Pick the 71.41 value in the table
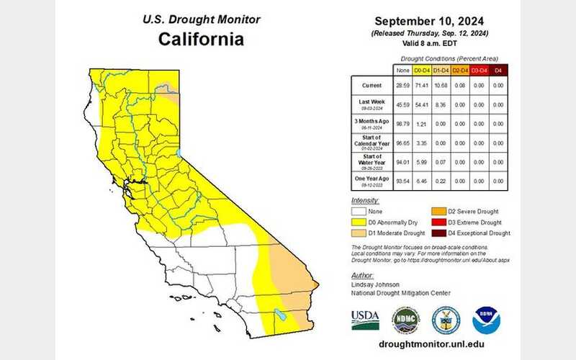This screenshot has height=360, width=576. pos(421,86)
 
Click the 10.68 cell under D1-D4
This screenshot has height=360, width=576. pos(441,86)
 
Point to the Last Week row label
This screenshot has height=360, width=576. pos(371,104)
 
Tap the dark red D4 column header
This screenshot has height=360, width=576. pos(498,71)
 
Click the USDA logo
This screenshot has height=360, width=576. pos(366,320)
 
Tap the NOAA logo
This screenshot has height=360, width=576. pos(486,319)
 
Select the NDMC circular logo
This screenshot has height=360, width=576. pos(405,319)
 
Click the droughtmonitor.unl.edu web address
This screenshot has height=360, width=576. pos(430,344)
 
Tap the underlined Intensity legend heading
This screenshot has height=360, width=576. pos(365,200)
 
